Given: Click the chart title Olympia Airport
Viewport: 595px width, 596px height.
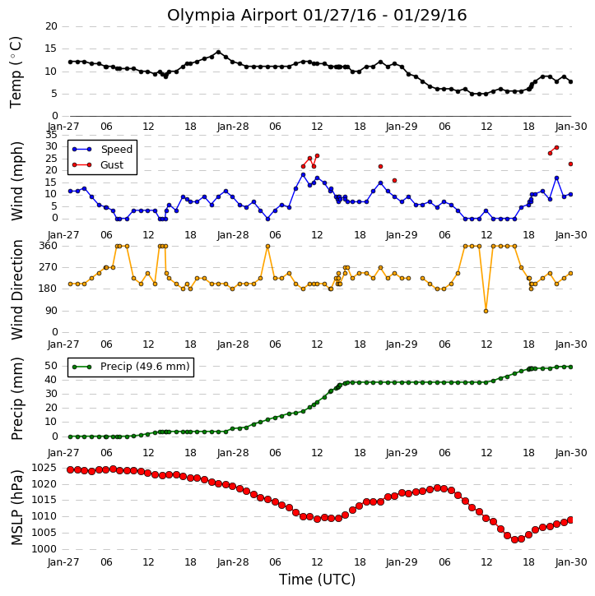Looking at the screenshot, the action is click(232, 16).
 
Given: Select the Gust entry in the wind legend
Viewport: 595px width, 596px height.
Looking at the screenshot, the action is click(98, 165).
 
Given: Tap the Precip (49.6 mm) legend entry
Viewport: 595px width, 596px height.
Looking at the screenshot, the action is click(131, 367).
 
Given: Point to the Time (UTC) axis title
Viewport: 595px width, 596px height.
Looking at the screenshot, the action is click(317, 580).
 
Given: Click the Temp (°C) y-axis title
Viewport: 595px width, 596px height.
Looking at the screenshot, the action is click(16, 72).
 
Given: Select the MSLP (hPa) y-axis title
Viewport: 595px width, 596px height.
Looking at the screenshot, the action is click(16, 508).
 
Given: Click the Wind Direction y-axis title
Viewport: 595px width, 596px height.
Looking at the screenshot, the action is click(16, 289).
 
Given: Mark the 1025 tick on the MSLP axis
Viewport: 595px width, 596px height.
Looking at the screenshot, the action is click(44, 468).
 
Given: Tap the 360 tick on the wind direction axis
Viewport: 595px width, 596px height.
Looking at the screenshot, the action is click(48, 246).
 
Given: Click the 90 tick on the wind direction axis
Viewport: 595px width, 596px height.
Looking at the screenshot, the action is click(51, 311).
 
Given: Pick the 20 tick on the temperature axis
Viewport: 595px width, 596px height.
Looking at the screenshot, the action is click(51, 26).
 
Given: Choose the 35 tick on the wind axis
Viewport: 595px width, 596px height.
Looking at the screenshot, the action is click(51, 135).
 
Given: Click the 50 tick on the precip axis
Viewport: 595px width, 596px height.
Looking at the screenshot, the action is click(51, 366).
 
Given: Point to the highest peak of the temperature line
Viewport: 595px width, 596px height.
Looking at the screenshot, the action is click(218, 52).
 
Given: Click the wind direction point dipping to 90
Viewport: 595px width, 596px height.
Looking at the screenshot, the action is click(486, 312).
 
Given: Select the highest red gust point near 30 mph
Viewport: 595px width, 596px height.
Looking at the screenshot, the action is click(556, 147).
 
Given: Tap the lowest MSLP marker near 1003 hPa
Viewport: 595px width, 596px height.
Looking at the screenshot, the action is click(514, 540).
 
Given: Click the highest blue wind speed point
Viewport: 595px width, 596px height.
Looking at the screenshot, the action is click(303, 175).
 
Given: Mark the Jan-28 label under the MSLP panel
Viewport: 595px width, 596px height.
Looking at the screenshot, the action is click(232, 562).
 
